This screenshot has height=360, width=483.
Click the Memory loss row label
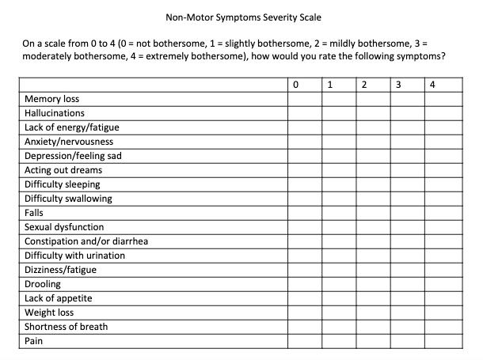[x=52, y=99]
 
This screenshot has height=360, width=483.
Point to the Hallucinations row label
[x=55, y=113]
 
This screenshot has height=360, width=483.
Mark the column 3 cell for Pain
[x=406, y=341]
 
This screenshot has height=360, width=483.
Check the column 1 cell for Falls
[x=338, y=213]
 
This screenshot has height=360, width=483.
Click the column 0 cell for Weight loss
[x=304, y=313]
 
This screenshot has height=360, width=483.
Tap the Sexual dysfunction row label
[x=64, y=227]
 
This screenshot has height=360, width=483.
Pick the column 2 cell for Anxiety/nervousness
[x=372, y=142]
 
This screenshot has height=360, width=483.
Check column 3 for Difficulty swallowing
[x=406, y=199]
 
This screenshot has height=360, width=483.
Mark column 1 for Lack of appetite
[x=338, y=298]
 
